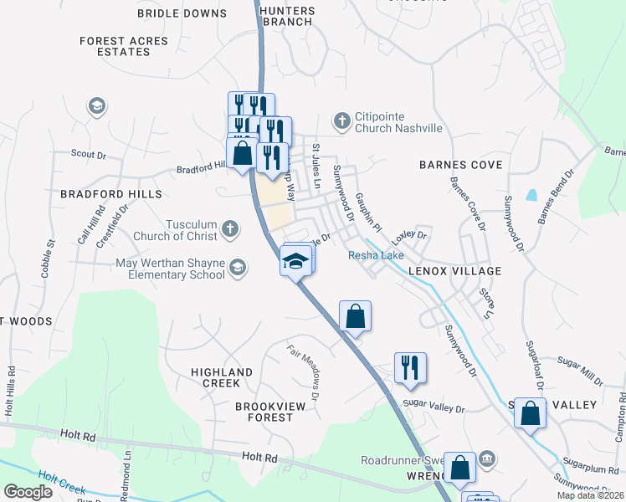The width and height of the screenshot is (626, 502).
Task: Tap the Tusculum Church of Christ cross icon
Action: coord(230,228)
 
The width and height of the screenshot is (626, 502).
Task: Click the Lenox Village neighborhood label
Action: coord(454,271)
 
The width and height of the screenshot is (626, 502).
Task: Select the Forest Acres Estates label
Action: coord(126,46)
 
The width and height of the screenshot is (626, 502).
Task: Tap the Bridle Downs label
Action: coord(182,13)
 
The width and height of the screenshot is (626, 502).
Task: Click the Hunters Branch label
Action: coord(287,16)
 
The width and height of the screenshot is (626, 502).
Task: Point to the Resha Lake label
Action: coord(376,255)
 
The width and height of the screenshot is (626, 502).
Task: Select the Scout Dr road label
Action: coord(89,154)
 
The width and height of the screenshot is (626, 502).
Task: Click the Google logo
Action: coord(28,491)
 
